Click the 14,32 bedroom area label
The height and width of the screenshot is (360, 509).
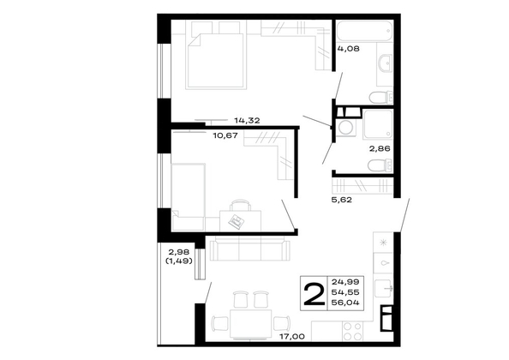click(247, 121)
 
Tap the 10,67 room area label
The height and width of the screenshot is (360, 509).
click(225, 135)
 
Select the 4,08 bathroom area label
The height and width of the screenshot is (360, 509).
click(348, 49)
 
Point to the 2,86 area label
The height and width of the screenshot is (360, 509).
click(380, 148)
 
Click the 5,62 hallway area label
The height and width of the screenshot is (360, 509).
click(342, 200)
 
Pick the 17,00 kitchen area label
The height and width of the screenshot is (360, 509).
click(292, 337)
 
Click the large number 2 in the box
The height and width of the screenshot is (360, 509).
click(314, 294)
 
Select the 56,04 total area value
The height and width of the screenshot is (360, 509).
click(345, 303)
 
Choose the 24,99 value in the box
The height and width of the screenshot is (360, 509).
click(345, 281)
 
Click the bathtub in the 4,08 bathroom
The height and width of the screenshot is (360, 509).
click(364, 31)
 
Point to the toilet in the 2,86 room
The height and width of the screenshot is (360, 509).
click(380, 165)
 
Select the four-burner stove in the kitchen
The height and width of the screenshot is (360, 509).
click(353, 331)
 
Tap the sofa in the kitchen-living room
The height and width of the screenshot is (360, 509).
click(249, 249)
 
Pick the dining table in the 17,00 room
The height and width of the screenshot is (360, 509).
click(250, 324)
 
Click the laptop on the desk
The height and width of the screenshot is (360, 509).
click(237, 221)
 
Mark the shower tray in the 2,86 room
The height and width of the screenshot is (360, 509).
click(378, 124)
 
